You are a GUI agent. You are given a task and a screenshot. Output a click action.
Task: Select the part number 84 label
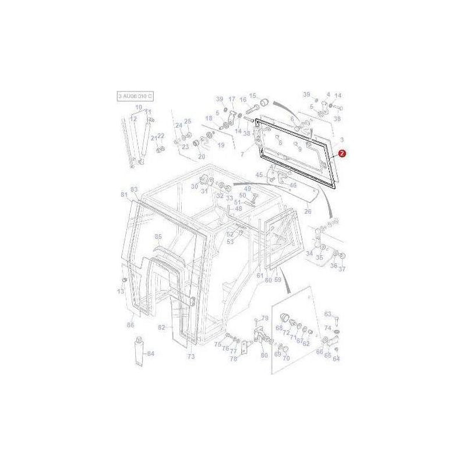coord(150,354)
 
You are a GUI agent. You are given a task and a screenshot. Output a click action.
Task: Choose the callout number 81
coord(123,194)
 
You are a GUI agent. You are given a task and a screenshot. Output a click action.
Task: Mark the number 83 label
coord(134,190)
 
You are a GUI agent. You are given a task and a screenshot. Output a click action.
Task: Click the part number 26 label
coord(308,211)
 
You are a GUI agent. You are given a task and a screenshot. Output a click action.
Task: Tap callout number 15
coord(253,96)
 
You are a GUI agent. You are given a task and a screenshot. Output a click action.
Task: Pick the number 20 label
coord(202,157)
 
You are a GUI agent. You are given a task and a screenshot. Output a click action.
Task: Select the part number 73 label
coord(190,356)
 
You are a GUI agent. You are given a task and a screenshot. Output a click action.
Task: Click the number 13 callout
coord(121,291)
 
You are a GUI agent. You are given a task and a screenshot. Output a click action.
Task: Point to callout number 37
coord(342,269)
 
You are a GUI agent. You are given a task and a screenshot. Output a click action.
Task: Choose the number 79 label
coord(264,318)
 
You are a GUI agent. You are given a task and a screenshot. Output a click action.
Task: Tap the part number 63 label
coord(327,313)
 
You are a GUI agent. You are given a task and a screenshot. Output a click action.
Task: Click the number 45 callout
coord(260,174)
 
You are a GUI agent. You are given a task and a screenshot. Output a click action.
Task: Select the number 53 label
coord(230,241)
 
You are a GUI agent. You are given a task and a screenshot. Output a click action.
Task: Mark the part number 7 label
coord(242,154)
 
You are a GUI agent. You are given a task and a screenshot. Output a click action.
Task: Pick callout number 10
coord(139,107)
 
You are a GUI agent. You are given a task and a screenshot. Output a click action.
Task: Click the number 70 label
coord(286,358)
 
